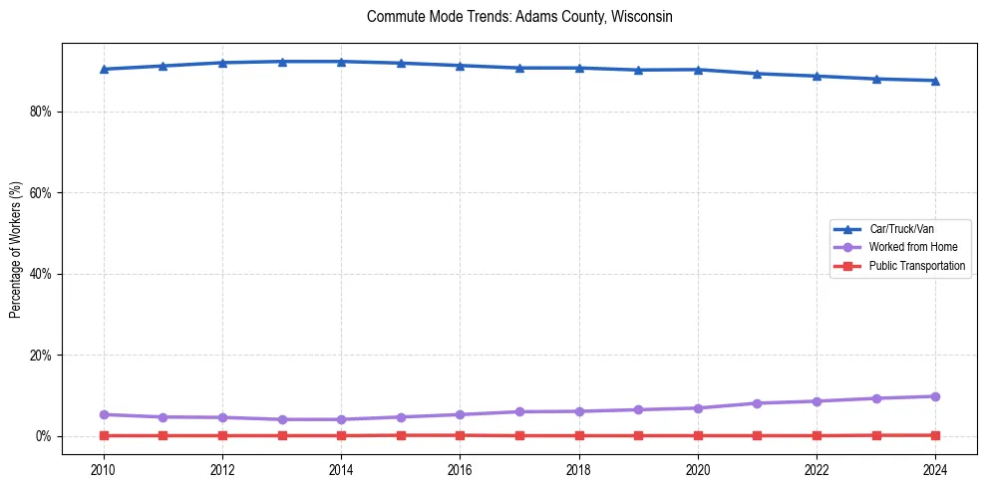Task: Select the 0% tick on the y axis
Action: pyautogui.click(x=43, y=436)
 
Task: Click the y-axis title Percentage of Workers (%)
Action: pyautogui.click(x=16, y=250)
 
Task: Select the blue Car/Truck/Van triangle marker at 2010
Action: pyautogui.click(x=104, y=69)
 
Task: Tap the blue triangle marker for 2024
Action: pyautogui.click(x=935, y=81)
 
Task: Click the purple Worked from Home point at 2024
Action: pyautogui.click(x=935, y=396)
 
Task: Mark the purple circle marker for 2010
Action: pyautogui.click(x=104, y=414)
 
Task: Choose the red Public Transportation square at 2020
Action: pyautogui.click(x=698, y=435)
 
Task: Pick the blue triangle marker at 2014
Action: pyautogui.click(x=341, y=62)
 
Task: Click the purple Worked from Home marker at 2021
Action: pyautogui.click(x=757, y=403)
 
